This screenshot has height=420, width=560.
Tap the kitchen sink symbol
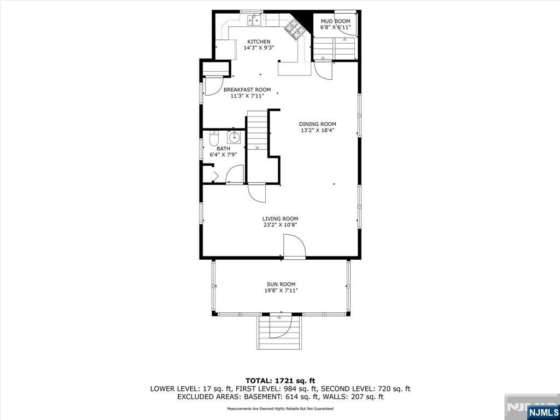click(x=254, y=20)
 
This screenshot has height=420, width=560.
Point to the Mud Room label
click(x=335, y=21)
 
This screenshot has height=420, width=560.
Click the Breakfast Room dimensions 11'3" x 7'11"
click(x=247, y=96)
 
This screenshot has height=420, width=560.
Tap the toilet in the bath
click(x=214, y=138)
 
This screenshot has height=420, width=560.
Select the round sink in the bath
click(x=234, y=137)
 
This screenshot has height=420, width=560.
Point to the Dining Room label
click(x=318, y=124)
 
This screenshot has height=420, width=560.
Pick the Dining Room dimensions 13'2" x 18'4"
click(x=318, y=130)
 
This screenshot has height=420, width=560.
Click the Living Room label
click(x=280, y=219)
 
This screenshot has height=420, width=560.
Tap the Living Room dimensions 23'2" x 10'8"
click(x=280, y=225)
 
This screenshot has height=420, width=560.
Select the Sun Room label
click(x=281, y=284)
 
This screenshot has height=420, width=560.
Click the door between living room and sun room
click(x=294, y=247)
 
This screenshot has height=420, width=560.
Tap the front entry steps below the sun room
click(x=279, y=332)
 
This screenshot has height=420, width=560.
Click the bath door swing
click(x=235, y=174)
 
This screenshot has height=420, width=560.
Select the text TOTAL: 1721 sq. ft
click(x=280, y=381)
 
